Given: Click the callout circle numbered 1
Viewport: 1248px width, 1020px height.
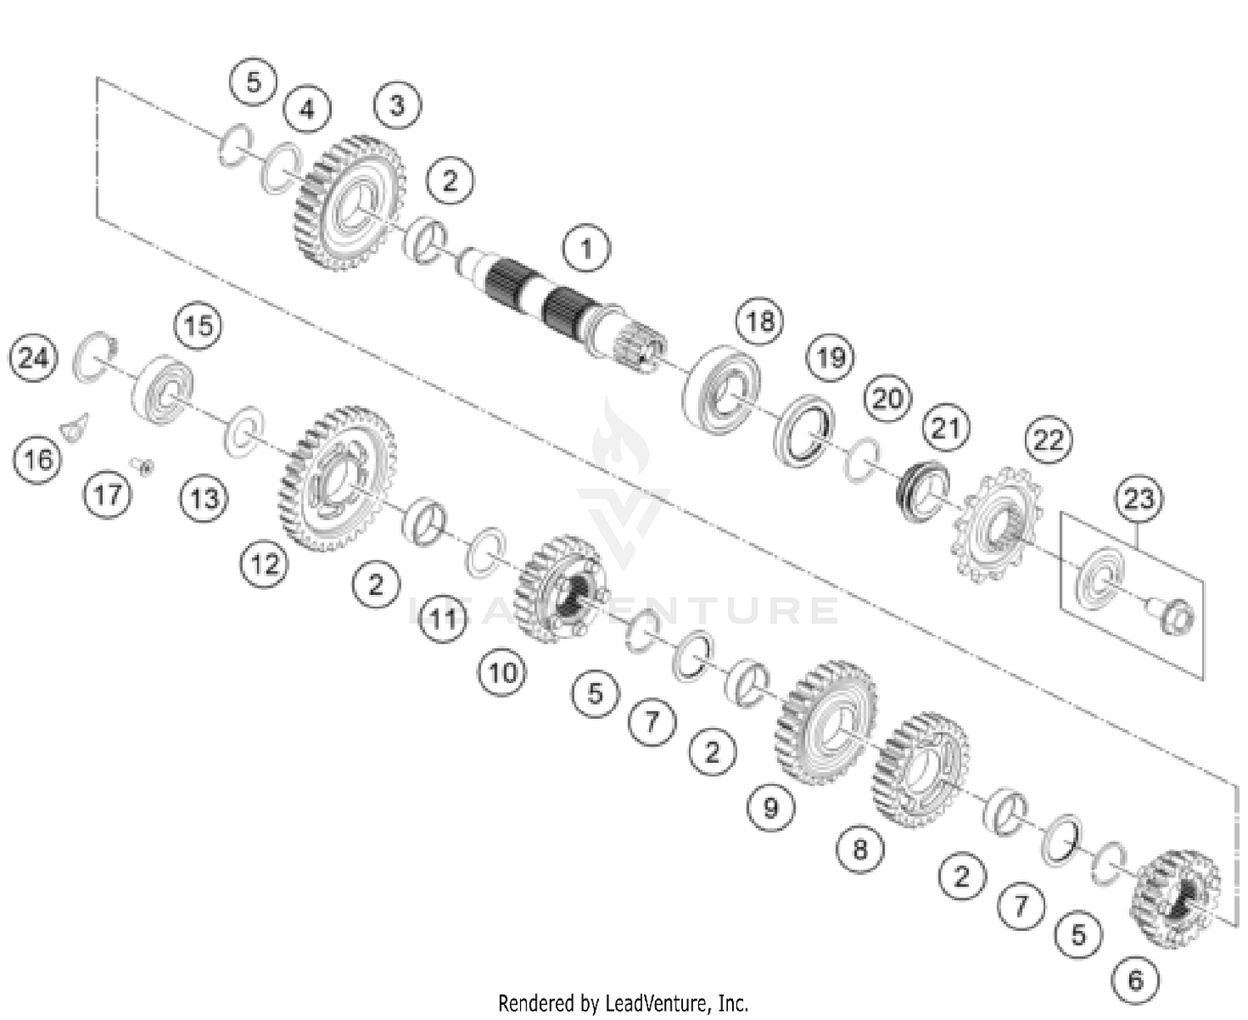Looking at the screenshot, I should tap(587, 248).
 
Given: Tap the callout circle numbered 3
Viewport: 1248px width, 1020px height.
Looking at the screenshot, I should tap(397, 106).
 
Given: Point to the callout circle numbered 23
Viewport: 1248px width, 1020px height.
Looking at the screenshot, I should tap(1139, 498).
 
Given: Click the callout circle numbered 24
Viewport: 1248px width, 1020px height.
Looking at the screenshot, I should tap(33, 359).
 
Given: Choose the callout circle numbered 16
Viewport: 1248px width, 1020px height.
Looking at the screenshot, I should tap(37, 459).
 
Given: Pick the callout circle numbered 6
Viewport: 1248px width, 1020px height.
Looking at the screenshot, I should tap(1136, 980).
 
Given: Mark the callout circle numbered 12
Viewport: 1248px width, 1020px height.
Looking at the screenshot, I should tap(265, 565).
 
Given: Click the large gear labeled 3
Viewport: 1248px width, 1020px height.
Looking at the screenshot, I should tap(349, 204).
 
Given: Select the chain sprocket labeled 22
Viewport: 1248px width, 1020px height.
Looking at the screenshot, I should tap(994, 524).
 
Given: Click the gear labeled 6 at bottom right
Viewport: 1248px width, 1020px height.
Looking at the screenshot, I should tap(1175, 899).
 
